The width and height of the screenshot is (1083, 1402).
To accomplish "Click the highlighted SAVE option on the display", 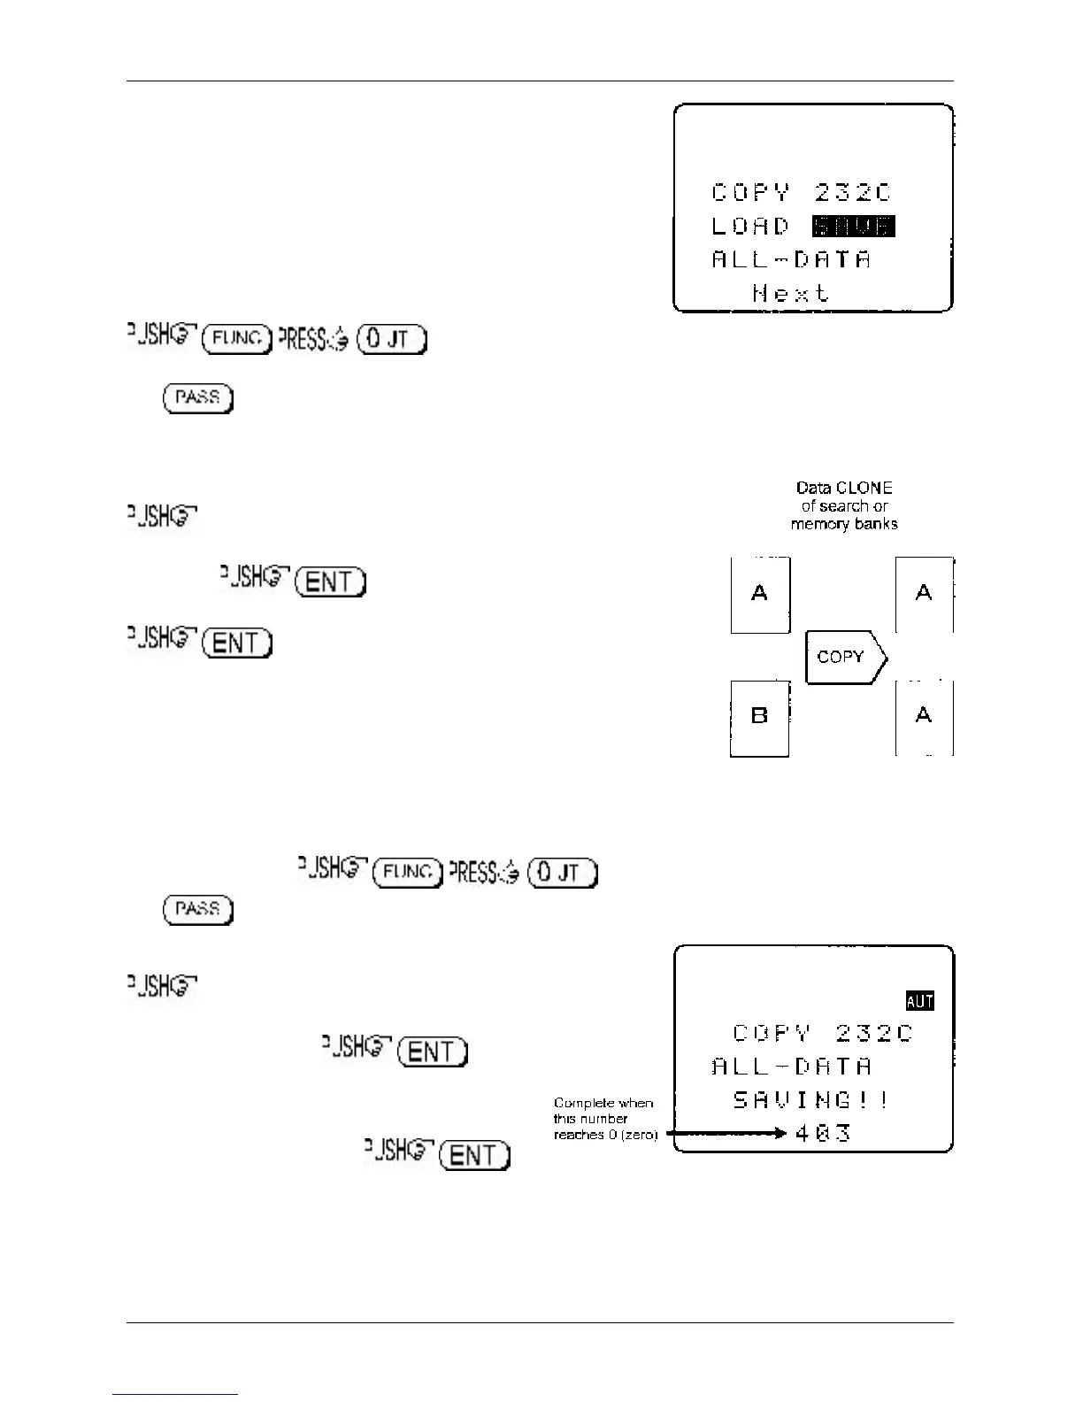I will tap(853, 227).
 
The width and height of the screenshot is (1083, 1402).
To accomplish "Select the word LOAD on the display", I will tap(750, 227).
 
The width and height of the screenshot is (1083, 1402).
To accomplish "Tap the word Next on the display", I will tap(791, 293).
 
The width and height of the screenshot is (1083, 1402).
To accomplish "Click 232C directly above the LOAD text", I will tap(853, 193).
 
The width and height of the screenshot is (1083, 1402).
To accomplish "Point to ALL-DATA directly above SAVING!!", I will tap(791, 1067).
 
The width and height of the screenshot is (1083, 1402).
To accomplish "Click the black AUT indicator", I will tap(920, 1001).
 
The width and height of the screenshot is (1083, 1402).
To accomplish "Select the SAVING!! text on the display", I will tap(810, 1100).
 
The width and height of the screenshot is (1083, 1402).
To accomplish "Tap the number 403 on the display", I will tap(823, 1133).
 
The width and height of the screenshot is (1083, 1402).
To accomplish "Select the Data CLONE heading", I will tap(844, 488).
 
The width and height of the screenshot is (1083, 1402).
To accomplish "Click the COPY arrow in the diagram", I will tap(845, 657).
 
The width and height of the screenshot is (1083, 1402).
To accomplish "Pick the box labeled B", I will tap(759, 716).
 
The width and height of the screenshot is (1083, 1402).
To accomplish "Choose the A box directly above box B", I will tap(759, 594).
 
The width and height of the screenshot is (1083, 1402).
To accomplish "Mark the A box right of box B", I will tap(924, 716).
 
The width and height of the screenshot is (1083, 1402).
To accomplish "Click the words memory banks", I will tap(844, 524).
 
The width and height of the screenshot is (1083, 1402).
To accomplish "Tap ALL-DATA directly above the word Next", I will tap(791, 259).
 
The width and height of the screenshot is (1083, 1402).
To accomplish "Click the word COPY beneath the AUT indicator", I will tap(772, 1033).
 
